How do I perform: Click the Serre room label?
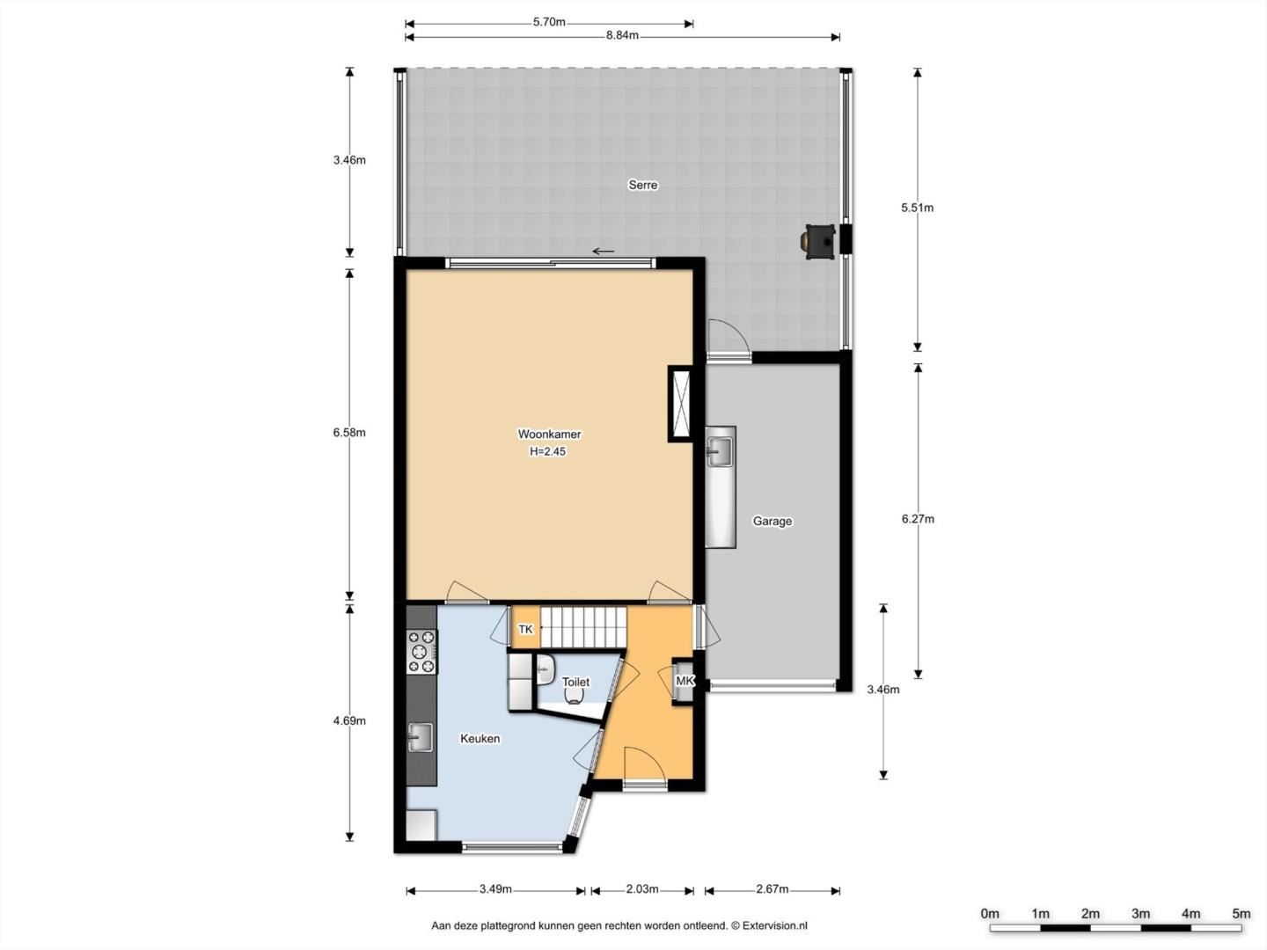[642, 185]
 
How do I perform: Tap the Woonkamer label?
[549, 434]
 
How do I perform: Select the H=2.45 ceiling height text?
[548, 451]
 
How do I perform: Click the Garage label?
[772, 521]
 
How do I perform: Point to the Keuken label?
[480, 738]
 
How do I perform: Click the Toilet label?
[575, 682]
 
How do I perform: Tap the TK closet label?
[525, 629]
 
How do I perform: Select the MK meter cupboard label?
[684, 681]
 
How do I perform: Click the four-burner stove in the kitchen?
[421, 652]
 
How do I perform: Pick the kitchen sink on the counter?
[421, 738]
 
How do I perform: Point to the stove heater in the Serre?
[817, 242]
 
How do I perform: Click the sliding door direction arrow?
[604, 252]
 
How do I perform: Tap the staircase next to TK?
[583, 627]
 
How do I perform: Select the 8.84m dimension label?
[622, 36]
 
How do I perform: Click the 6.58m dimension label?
[349, 433]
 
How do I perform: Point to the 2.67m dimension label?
[773, 888]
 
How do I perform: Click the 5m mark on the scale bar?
[1241, 914]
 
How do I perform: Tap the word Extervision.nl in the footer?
[774, 925]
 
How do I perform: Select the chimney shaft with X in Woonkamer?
[681, 404]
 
